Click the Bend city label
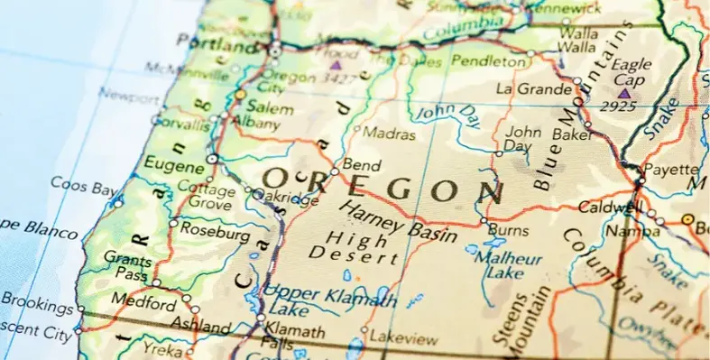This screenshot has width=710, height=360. pos(362,166)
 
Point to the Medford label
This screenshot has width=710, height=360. pos(145,303)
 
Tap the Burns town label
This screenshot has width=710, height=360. pos(508,232)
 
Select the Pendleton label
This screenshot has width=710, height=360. pos(487,61)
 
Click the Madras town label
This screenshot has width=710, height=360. pos(389,134)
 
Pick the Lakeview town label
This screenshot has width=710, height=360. pos(404,339)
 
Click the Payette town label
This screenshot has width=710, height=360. pos(672,169)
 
